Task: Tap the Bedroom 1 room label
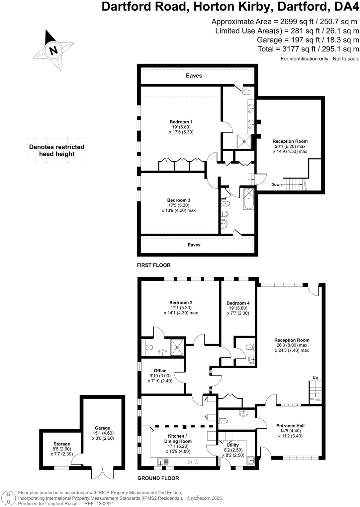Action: (x=181, y=122)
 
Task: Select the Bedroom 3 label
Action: (x=179, y=200)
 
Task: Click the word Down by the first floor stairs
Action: (x=276, y=184)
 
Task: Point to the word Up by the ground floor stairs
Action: (x=315, y=378)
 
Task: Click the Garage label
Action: (x=102, y=428)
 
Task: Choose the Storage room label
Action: (x=62, y=444)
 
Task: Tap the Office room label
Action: (x=160, y=371)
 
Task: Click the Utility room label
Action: (x=232, y=445)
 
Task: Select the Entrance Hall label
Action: (x=290, y=426)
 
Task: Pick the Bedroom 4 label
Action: (x=238, y=303)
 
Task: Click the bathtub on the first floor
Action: (x=249, y=199)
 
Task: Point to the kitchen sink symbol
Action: (x=164, y=462)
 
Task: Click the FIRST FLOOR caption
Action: (x=154, y=265)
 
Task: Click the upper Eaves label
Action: (x=194, y=76)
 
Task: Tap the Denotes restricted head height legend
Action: (x=57, y=150)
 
